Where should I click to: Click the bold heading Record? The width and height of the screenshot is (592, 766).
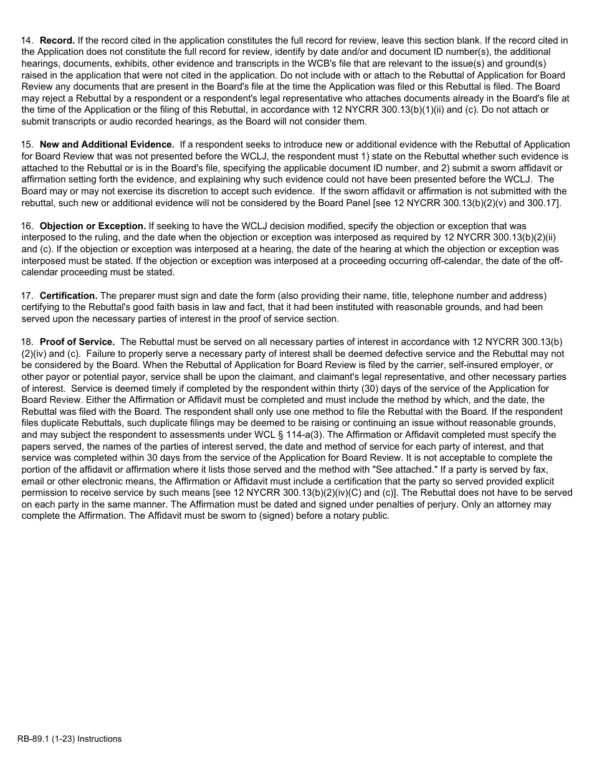click(57, 40)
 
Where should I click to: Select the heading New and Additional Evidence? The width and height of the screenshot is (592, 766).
click(107, 144)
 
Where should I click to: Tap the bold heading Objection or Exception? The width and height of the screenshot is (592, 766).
click(93, 226)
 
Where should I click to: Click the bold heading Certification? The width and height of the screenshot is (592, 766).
click(69, 295)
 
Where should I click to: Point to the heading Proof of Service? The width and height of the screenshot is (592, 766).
click(77, 342)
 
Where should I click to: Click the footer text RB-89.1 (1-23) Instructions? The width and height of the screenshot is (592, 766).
click(70, 739)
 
